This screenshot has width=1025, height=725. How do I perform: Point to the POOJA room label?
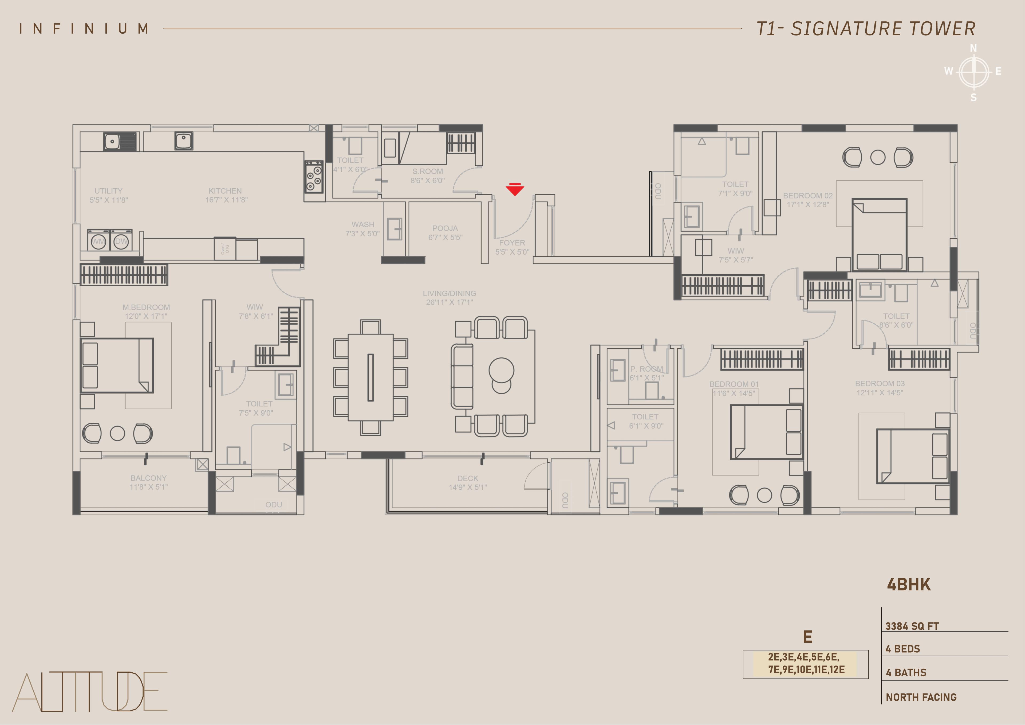(x=445, y=228)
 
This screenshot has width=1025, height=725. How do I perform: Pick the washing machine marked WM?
(x=98, y=241)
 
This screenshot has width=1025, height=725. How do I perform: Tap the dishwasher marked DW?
(x=121, y=241)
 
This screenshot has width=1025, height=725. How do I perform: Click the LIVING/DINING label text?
(x=450, y=294)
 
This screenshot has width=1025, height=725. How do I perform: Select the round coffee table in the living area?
(x=501, y=370)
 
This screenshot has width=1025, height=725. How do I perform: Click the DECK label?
(x=468, y=478)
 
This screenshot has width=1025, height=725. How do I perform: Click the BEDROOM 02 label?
(x=808, y=196)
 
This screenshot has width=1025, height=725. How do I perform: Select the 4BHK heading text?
(x=909, y=585)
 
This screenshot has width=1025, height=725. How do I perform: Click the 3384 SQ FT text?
(x=912, y=626)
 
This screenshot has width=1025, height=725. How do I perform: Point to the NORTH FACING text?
(x=921, y=697)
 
